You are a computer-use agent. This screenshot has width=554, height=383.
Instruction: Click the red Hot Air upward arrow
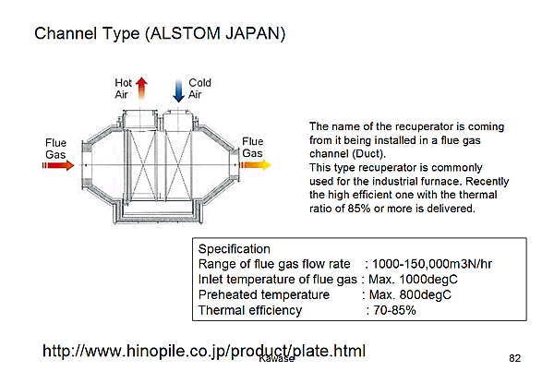pos(141,89)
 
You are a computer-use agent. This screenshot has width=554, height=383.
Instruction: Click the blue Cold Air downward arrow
pos(179,91)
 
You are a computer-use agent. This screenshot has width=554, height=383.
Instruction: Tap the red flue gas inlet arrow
pos(58,165)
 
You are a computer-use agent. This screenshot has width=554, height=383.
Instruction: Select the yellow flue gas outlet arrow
pos(255,165)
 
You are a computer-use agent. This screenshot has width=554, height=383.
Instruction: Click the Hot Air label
pos(123,89)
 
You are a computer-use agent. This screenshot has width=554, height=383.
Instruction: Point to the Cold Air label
pos(199,89)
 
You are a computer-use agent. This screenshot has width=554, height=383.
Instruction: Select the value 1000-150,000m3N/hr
pos(432,264)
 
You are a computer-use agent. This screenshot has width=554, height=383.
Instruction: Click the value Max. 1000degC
pos(413,280)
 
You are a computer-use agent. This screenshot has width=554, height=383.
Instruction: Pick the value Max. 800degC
pos(410,294)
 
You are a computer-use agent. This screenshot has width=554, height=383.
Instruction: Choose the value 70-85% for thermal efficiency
pos(394,310)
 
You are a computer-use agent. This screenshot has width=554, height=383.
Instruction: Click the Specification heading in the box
pos(235,249)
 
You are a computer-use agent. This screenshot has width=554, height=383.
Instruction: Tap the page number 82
pos(515,358)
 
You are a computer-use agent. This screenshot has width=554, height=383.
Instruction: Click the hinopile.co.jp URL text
pos(204,352)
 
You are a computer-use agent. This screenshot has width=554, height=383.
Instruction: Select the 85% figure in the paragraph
pos(359,209)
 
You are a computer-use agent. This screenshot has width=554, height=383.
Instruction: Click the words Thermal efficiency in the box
pos(250,311)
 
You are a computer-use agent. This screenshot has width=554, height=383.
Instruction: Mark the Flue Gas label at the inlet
pos(55,149)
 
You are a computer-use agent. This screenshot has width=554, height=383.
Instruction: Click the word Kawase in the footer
pos(276,359)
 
